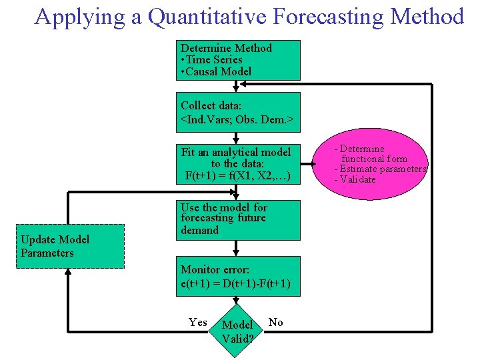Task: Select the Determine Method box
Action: [238, 59]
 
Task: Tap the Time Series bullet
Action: [213, 60]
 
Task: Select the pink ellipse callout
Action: [379, 164]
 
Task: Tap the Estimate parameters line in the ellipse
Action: [381, 169]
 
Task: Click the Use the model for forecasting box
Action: [238, 219]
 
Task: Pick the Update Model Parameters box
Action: [69, 246]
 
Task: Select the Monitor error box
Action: [238, 277]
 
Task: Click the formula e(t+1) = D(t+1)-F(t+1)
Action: [235, 284]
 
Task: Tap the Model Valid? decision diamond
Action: [237, 331]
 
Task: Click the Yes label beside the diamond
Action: [198, 323]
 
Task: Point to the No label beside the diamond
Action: [275, 323]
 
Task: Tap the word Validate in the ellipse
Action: [358, 179]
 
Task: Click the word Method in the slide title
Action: [429, 16]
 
